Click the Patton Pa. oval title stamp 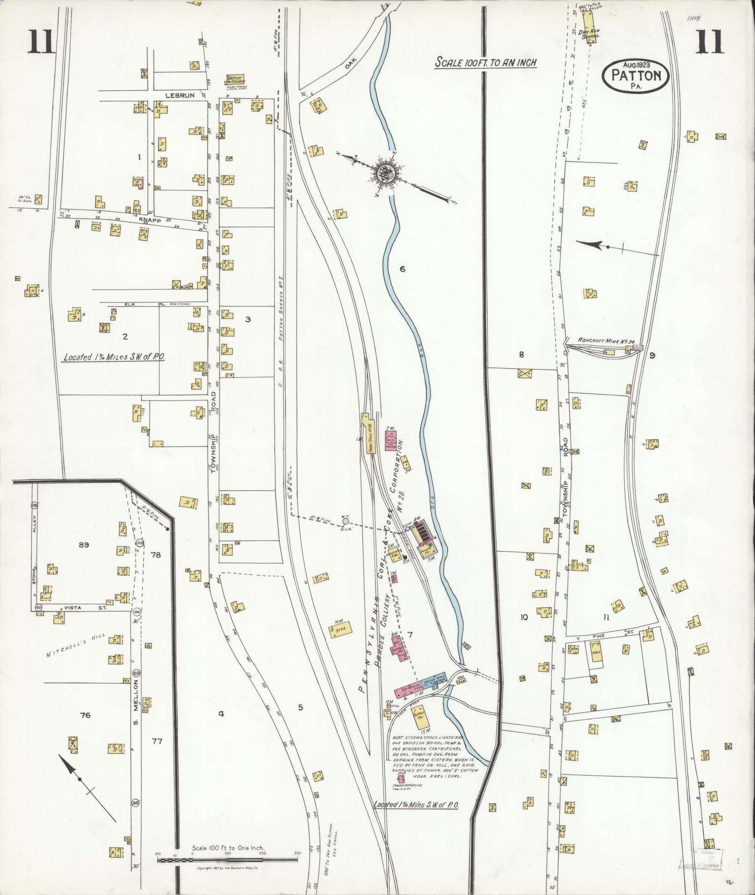(x=636, y=76)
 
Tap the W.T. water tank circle (x=345, y=521)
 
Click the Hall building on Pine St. (x=596, y=651)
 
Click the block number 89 (x=84, y=545)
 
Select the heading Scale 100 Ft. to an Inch (x=485, y=62)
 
